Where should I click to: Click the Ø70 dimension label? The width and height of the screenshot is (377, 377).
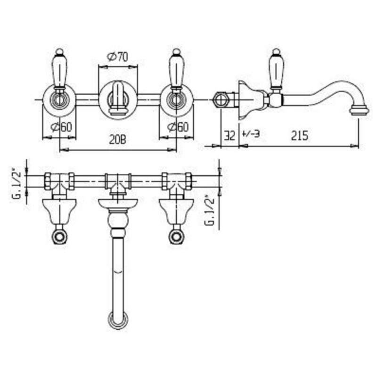pyautogui.click(x=118, y=57)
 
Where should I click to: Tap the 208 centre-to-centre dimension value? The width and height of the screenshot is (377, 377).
pyautogui.click(x=117, y=139)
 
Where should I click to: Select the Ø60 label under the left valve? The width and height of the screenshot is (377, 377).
pyautogui.click(x=62, y=127)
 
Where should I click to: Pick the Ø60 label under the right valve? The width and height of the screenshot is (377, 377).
pyautogui.click(x=179, y=127)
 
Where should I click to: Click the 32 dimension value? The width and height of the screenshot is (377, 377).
pyautogui.click(x=229, y=135)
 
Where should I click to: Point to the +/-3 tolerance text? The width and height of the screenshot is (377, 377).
pyautogui.click(x=251, y=133)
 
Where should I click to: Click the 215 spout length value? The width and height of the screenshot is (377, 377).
pyautogui.click(x=300, y=135)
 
